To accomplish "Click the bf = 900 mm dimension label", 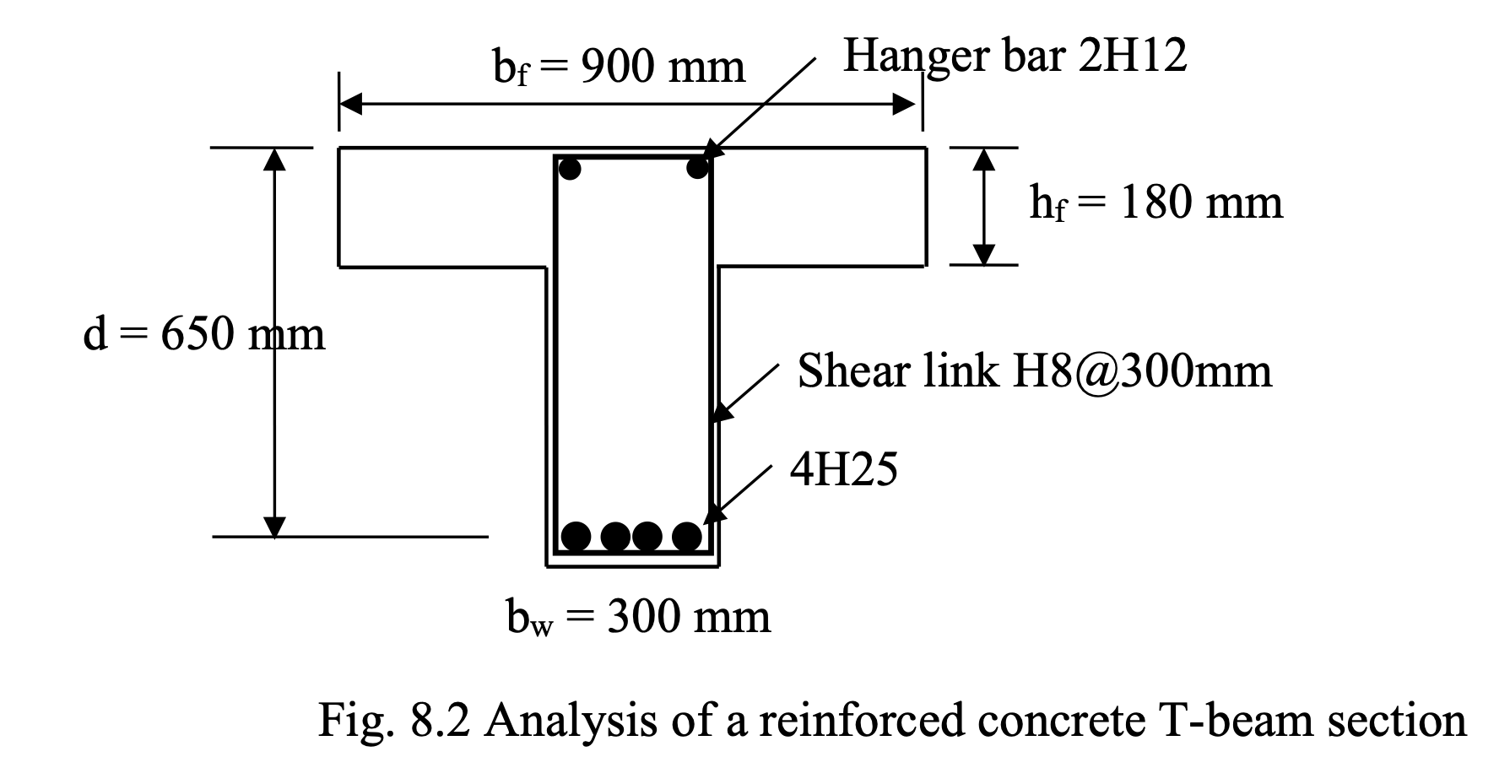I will [619, 68].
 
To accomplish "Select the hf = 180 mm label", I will [1156, 203].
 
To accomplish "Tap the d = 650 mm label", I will [203, 334].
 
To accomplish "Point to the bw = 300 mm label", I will [638, 618].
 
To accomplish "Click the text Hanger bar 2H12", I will [1015, 57].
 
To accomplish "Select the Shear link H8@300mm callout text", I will [1034, 371].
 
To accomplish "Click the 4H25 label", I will [843, 470].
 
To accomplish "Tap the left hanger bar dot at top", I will [571, 169].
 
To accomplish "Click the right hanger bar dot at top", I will [697, 168].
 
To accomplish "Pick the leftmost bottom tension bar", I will [576, 536].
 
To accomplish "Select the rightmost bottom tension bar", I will [687, 536].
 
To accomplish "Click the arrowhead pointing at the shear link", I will [720, 412].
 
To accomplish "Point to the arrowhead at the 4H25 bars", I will [714, 511].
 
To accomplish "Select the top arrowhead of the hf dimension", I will [983, 158].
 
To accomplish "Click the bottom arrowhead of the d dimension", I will [274, 526].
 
